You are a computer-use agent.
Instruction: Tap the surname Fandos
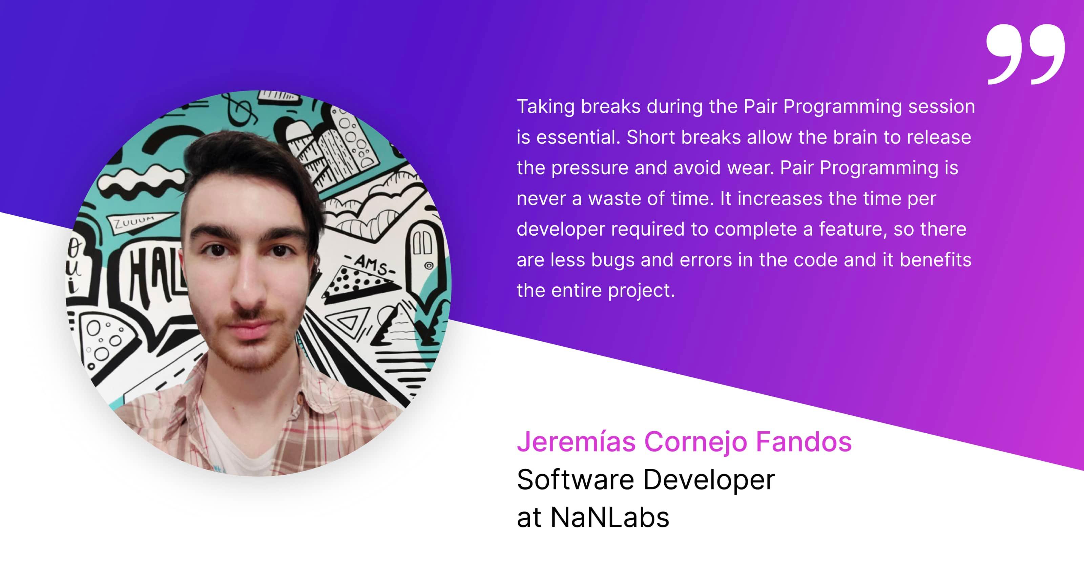tap(804, 442)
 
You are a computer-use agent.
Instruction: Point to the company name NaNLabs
tap(610, 517)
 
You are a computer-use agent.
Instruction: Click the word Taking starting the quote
tap(546, 107)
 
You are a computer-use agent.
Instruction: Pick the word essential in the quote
tap(579, 137)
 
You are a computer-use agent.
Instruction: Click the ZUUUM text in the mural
tap(134, 222)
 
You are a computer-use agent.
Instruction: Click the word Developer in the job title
tap(709, 480)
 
